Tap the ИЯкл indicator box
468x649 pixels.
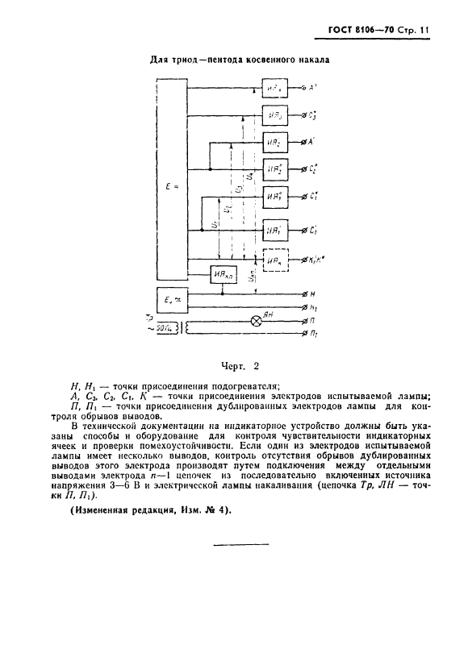pos(224,275)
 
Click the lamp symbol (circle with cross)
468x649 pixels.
pos(258,319)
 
